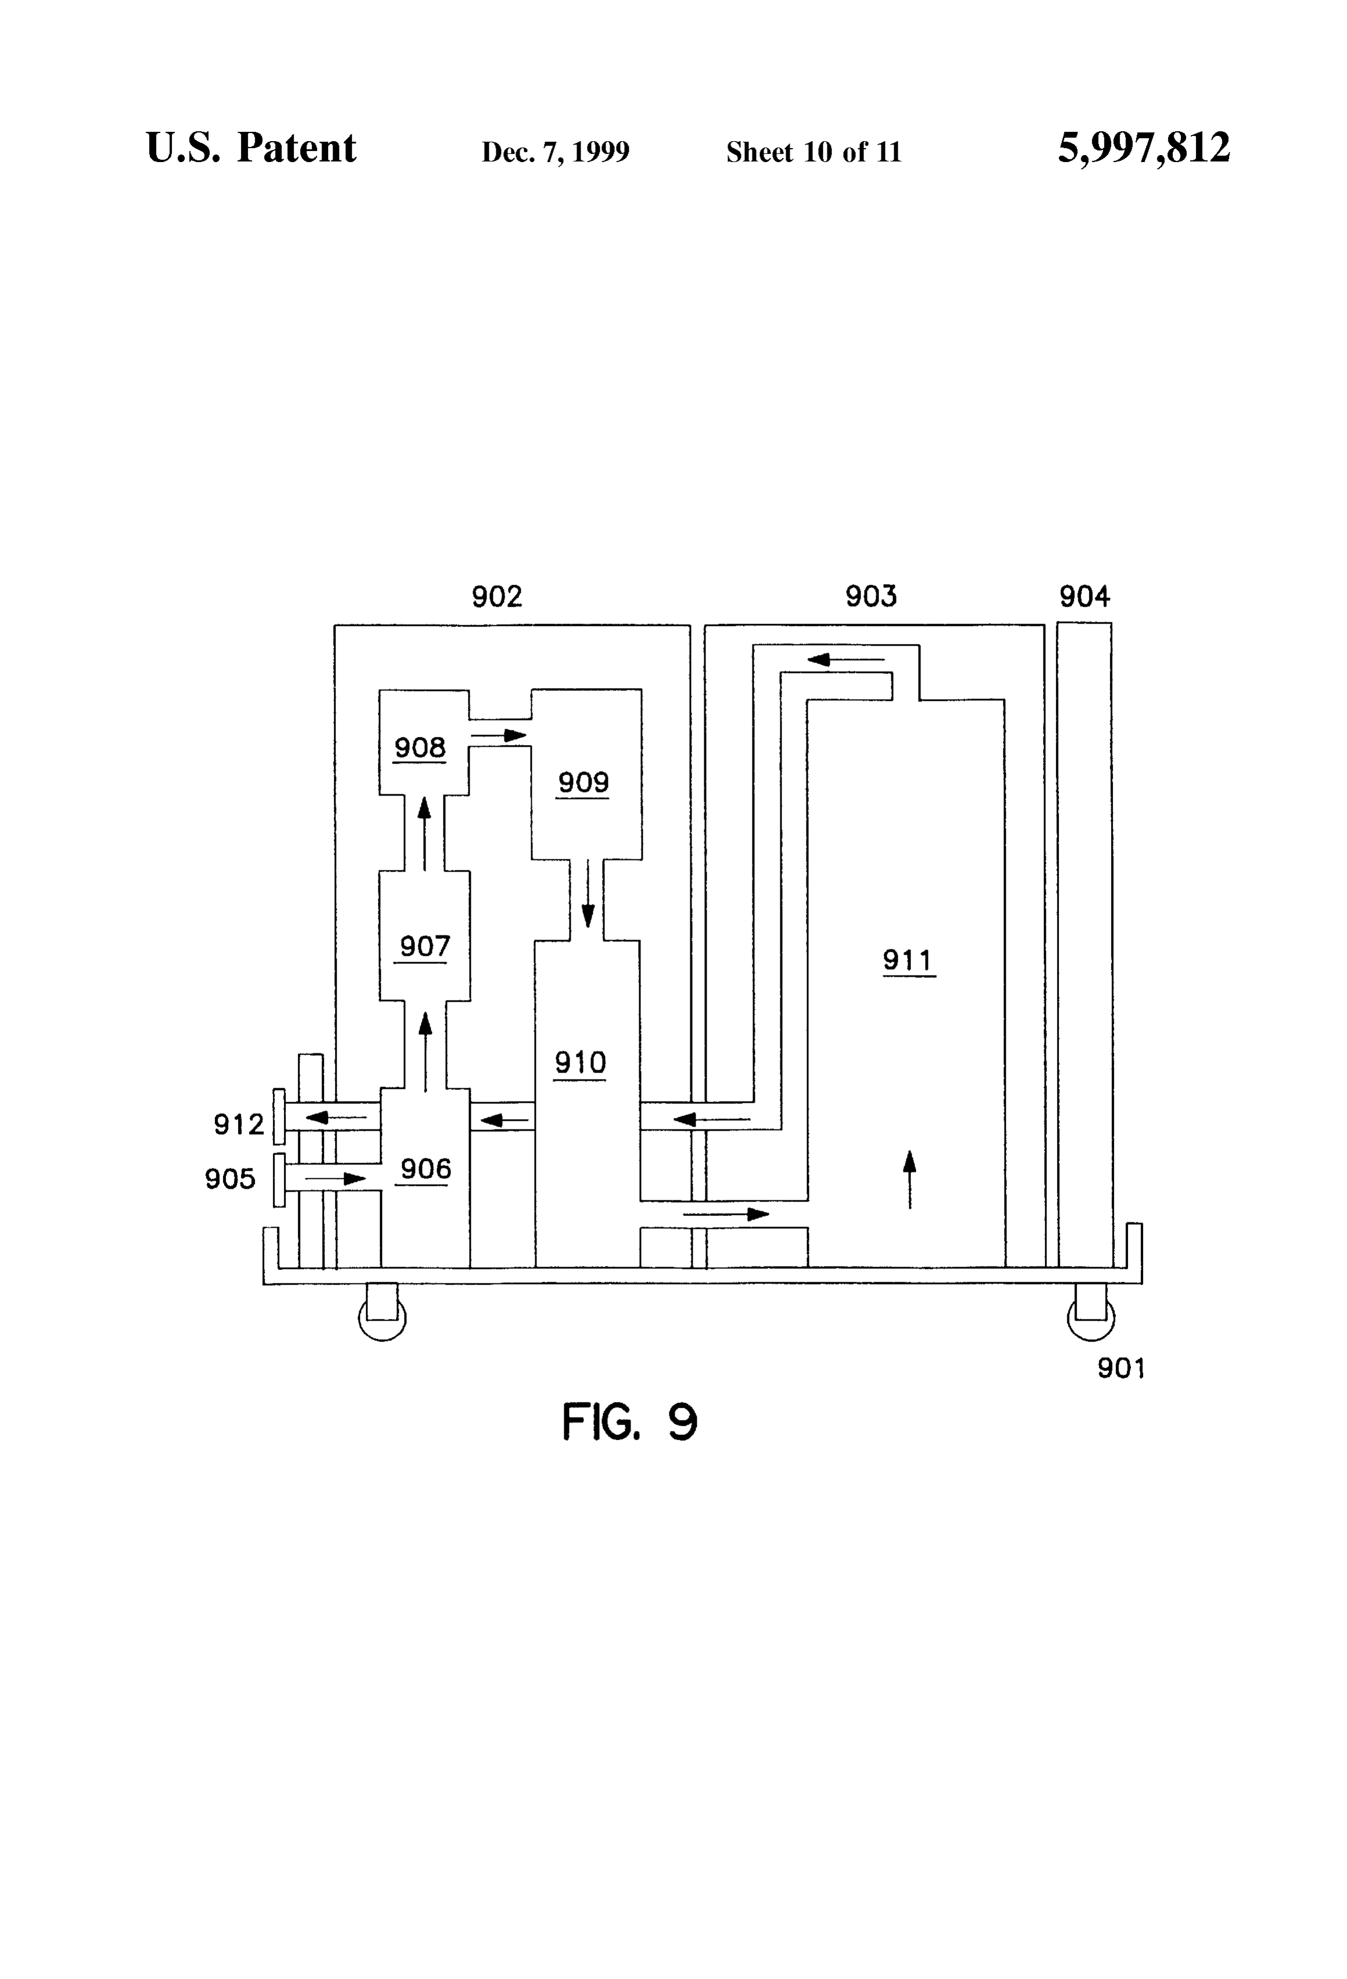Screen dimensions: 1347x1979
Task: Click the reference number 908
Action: coord(420,748)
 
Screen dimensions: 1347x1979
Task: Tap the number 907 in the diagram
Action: coord(425,946)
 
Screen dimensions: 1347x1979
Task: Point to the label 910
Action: coord(580,1063)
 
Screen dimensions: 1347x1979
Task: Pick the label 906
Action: coord(425,1169)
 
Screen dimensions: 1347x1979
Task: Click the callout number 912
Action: coord(239,1125)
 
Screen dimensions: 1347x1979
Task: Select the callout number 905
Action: coord(230,1179)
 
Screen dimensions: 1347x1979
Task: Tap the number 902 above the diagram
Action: coord(497,597)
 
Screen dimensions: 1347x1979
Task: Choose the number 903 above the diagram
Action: coord(871,596)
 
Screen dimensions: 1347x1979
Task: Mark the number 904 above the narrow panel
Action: coord(1085,597)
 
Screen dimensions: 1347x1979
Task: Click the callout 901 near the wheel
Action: coord(1121,1369)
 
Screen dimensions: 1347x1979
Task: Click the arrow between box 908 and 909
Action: coord(500,735)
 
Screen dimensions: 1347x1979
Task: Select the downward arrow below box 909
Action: coord(588,893)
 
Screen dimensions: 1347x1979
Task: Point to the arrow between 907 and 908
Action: coord(424,834)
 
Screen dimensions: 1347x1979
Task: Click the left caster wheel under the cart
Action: coord(382,1316)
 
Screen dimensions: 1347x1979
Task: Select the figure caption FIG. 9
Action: coord(630,1421)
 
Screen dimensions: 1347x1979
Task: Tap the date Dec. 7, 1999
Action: coord(555,152)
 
